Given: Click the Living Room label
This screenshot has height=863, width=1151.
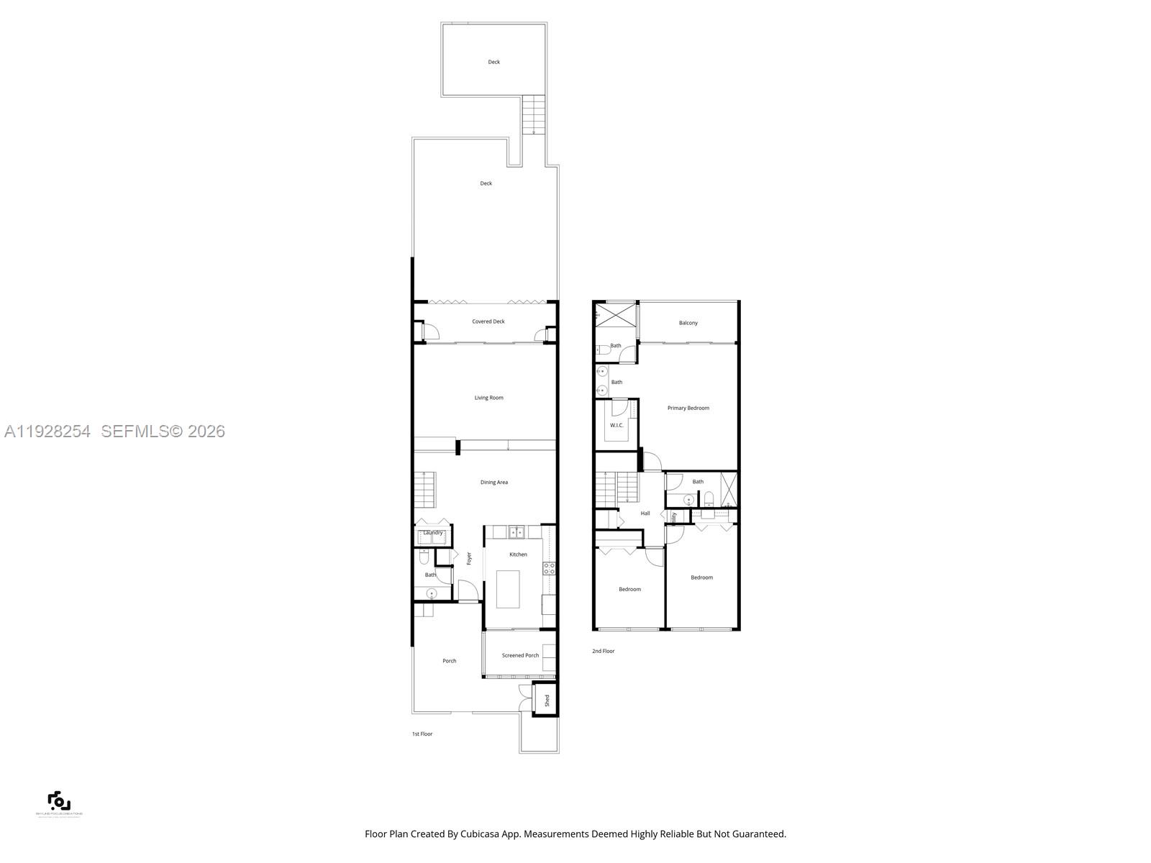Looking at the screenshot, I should coord(488,398).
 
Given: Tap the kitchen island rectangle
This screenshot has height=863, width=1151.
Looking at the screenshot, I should coord(508,589).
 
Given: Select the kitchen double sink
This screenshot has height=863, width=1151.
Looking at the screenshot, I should coord(516,532).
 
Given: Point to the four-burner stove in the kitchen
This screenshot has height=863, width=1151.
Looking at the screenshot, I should coord(549,569).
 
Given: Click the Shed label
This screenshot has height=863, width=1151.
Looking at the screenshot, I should coord(547,700).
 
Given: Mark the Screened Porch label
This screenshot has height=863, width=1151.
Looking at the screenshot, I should coord(520,655).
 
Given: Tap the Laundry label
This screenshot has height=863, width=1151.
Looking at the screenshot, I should coord(433,533).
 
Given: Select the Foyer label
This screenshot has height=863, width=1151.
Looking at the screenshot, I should coord(469,558).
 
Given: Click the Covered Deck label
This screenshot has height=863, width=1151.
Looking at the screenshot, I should coord(488,321).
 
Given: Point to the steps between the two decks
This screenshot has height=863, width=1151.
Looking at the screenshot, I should coord(533,115).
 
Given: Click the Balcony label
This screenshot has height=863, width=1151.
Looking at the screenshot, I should coord(688,323).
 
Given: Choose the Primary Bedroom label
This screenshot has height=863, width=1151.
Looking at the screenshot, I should coord(688,408).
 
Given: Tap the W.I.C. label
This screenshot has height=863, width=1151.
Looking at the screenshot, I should coord(617,425).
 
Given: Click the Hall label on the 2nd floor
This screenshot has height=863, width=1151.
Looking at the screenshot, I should coord(645,513).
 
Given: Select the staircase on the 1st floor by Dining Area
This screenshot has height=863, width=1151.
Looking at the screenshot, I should coord(424,489).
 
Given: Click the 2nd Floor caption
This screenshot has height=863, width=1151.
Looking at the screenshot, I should coord(604,651).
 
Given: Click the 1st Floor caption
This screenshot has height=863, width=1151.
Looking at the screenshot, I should coord(422,734).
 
